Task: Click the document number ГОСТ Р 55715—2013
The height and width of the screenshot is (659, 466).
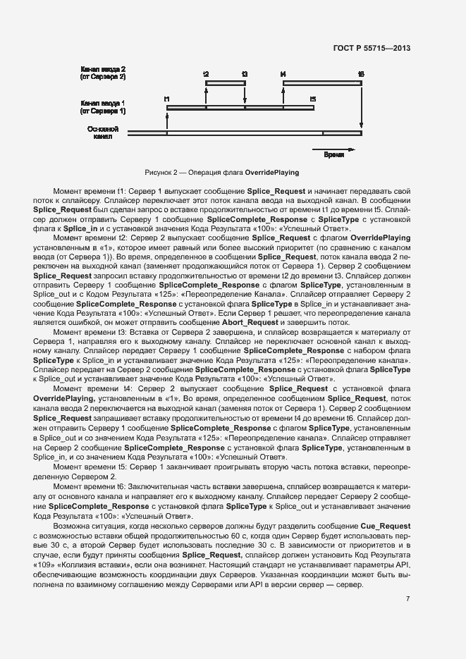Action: click(x=371, y=48)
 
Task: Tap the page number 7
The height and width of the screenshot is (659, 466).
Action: click(x=407, y=599)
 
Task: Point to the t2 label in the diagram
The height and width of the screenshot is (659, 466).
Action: click(x=206, y=73)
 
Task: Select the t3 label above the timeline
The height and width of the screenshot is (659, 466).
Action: click(x=245, y=73)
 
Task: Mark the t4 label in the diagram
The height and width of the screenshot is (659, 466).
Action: click(x=283, y=73)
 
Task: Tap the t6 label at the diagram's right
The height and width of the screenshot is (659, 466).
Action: click(x=361, y=73)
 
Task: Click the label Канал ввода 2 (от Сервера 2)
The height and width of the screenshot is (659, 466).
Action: click(x=103, y=72)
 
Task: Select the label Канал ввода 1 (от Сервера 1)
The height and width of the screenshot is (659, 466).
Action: click(x=103, y=106)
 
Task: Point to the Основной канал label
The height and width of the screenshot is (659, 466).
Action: click(x=103, y=133)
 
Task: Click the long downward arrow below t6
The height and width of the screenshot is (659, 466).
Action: click(x=361, y=106)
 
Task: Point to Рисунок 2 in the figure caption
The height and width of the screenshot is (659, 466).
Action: click(x=161, y=172)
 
